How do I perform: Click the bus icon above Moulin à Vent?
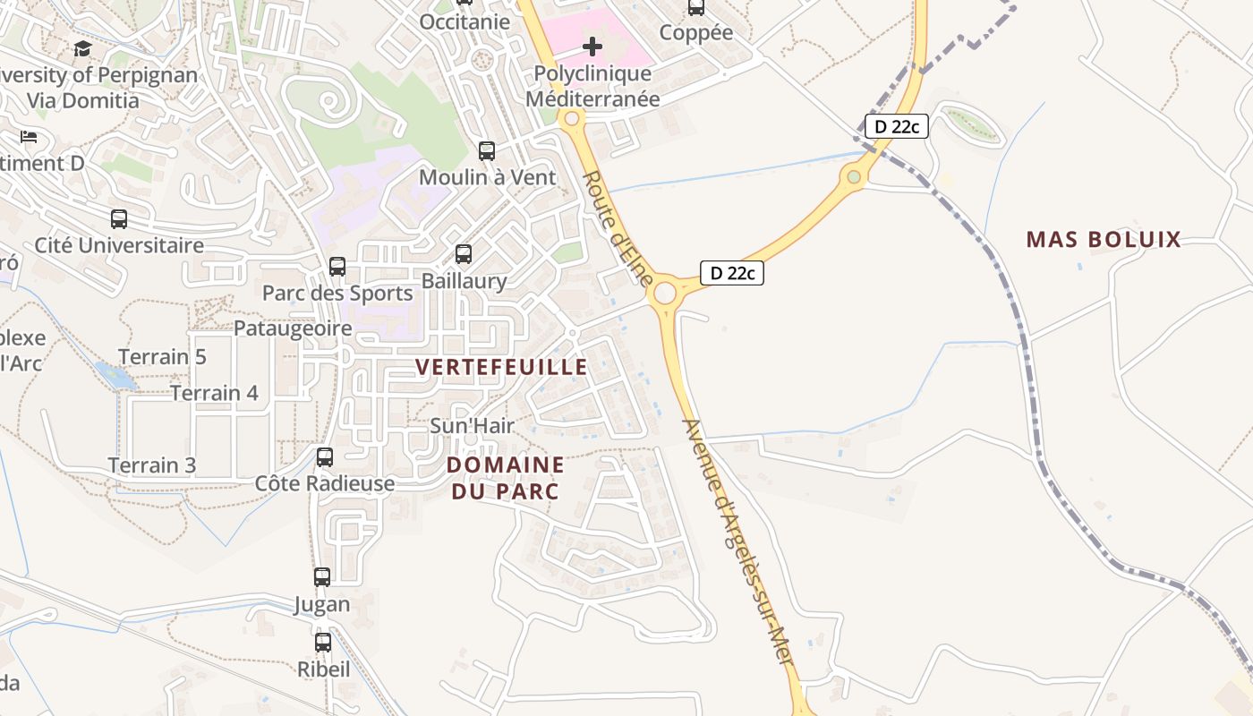tap(487, 151)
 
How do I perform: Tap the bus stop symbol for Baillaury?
tap(463, 254)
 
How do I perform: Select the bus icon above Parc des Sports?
tap(337, 267)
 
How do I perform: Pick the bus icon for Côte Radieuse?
tap(325, 457)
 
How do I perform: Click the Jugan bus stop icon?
tap(322, 577)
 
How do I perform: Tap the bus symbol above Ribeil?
tap(323, 642)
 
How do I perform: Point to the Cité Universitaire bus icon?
tap(119, 218)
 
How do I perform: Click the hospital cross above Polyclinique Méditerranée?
tap(592, 47)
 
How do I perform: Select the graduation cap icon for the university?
tap(83, 48)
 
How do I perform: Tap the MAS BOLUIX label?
tap(1104, 239)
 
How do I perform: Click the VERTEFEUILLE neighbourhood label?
tap(502, 367)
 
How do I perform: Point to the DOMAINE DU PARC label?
tap(506, 478)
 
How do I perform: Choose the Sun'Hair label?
tap(473, 426)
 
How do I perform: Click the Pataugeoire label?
tap(293, 328)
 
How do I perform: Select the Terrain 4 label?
tap(215, 393)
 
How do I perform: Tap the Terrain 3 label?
tap(152, 465)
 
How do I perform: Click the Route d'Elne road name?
tap(618, 228)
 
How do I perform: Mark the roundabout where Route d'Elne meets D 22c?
tap(664, 293)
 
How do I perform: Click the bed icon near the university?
tap(29, 137)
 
